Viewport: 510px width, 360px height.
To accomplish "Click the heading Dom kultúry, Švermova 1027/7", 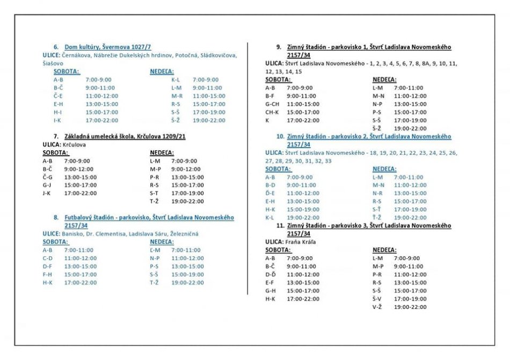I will [108, 47].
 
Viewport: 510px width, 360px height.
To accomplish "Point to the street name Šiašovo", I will [54, 63].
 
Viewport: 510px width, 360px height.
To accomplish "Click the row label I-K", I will [57, 120].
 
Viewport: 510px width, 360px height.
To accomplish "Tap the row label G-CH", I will [272, 104].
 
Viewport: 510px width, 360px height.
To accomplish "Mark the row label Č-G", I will [48, 177].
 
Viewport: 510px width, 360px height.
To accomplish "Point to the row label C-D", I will [48, 258].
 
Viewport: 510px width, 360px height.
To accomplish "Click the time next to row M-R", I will [209, 96].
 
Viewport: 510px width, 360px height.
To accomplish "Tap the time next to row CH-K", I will [303, 112].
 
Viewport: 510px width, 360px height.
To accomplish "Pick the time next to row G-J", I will [80, 185].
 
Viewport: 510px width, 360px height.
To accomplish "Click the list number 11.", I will [280, 226].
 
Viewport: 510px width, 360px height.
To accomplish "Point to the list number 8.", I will [56, 218].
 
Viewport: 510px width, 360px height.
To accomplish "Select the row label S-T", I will [154, 193].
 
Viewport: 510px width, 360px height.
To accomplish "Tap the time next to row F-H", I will [80, 274].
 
